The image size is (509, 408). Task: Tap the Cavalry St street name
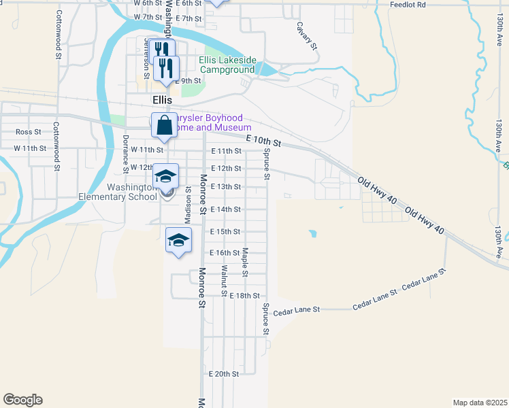tap(306, 35)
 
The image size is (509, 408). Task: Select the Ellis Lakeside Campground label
tap(227, 65)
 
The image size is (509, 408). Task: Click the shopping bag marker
tap(164, 125)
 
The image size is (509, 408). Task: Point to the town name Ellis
tap(162, 99)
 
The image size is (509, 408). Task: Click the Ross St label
tap(29, 132)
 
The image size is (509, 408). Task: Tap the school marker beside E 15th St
tap(178, 240)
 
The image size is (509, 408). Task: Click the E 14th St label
tap(226, 209)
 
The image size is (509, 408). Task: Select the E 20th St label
tap(225, 374)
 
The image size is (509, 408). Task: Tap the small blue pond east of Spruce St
tap(312, 234)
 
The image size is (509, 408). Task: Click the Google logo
tap(22, 400)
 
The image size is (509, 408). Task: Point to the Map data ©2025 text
tap(479, 403)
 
